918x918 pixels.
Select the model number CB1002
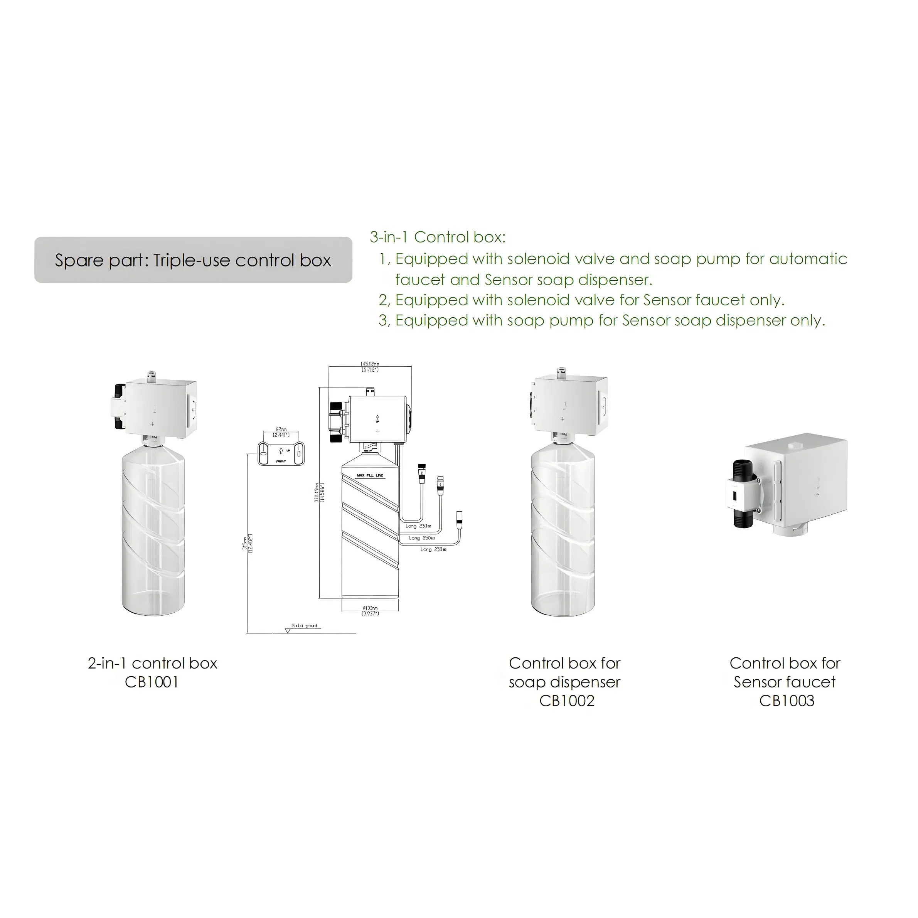(566, 701)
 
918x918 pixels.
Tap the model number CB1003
(787, 701)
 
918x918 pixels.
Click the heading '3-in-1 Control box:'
(438, 237)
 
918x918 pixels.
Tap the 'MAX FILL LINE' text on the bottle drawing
(370, 475)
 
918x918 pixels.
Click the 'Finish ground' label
(304, 626)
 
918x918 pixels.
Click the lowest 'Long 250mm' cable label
(433, 549)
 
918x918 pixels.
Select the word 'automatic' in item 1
(808, 259)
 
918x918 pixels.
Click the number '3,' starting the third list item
(384, 321)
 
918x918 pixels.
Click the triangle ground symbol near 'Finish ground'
(288, 630)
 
